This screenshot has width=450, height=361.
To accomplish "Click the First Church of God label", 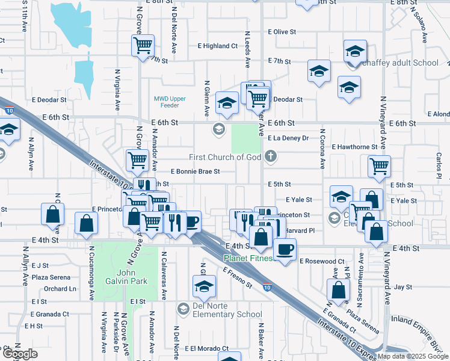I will coord(226,157).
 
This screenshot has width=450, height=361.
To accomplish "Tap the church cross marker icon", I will coord(271,157).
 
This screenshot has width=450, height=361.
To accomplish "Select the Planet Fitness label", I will coord(248,259).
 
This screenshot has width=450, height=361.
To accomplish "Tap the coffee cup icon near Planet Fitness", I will coord(285,248).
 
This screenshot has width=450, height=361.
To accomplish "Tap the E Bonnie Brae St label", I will coord(196,171).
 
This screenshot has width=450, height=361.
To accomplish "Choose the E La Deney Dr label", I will coord(288,138).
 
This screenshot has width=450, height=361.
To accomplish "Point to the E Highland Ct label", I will coord(218,46).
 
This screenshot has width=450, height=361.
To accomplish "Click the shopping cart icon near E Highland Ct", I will coord(143,45).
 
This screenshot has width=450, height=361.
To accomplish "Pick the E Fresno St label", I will coord(237,277).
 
